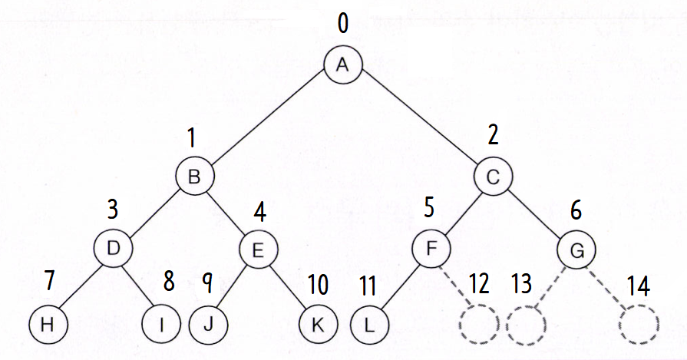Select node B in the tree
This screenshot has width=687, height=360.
pos(194,177)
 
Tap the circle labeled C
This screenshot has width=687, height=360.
pos(493,177)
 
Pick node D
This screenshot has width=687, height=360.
pos(113,248)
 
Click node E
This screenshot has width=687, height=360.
pos(258,248)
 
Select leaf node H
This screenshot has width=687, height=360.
pos(48,323)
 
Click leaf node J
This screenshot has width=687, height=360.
pos(208,323)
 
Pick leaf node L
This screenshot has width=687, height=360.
pos(369,323)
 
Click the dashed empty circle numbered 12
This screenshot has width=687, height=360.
pos(477,324)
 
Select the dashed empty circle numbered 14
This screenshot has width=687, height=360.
pos(639,324)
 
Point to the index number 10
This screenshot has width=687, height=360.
pos(317,285)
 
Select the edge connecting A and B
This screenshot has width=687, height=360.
pos(269,121)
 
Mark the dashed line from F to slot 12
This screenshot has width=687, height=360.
pos(454,286)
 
